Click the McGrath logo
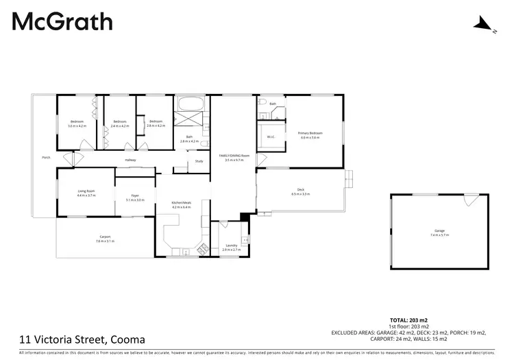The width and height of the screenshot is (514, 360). pyautogui.click(x=62, y=22)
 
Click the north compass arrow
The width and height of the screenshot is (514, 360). pyautogui.click(x=482, y=25)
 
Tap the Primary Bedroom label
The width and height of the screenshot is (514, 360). pyautogui.click(x=310, y=132)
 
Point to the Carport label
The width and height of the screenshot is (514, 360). pyautogui.click(x=106, y=237)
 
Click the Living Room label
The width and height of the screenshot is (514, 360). pyautogui.click(x=86, y=191)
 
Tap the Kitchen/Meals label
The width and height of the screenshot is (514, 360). pyautogui.click(x=182, y=202)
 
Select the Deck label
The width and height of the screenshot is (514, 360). pyautogui.click(x=300, y=190)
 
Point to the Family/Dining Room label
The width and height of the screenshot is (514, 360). pyautogui.click(x=234, y=156)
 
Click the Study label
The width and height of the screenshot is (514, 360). pyautogui.click(x=199, y=161)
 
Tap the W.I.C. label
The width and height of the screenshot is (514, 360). pyautogui.click(x=271, y=136)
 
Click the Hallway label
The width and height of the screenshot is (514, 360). pyautogui.click(x=130, y=160)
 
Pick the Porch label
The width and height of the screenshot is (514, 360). pyautogui.click(x=46, y=158)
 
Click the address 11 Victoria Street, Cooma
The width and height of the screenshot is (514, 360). pyautogui.click(x=82, y=338)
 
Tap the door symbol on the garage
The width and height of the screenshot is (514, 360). pyautogui.click(x=471, y=200)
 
